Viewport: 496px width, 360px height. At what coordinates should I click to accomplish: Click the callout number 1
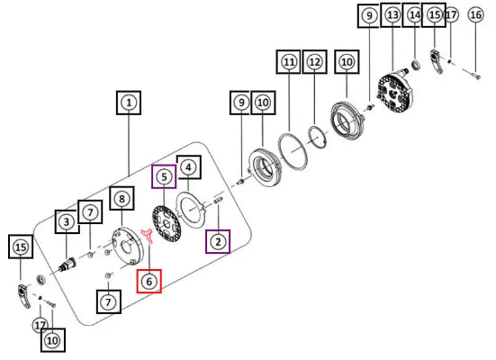(129, 103)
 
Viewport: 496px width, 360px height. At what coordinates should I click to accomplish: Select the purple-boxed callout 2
(218, 242)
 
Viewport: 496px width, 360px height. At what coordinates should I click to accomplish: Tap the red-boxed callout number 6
(149, 281)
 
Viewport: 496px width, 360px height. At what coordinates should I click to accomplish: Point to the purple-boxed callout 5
(164, 176)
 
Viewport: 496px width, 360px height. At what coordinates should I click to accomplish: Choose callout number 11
(288, 62)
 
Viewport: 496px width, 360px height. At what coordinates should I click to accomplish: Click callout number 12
(315, 62)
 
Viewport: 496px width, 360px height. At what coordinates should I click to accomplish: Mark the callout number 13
(392, 15)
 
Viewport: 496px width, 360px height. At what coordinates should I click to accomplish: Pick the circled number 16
(476, 15)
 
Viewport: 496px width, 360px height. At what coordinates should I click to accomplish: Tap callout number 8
(122, 198)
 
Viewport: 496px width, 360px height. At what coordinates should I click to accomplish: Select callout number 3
(67, 221)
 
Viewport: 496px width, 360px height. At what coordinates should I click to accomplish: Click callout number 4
(188, 167)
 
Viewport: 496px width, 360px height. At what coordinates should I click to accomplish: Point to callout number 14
(415, 15)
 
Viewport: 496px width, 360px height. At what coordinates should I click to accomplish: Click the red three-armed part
(147, 236)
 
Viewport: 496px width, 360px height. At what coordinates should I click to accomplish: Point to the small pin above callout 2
(219, 200)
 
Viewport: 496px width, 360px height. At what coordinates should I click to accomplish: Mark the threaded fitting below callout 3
(68, 265)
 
